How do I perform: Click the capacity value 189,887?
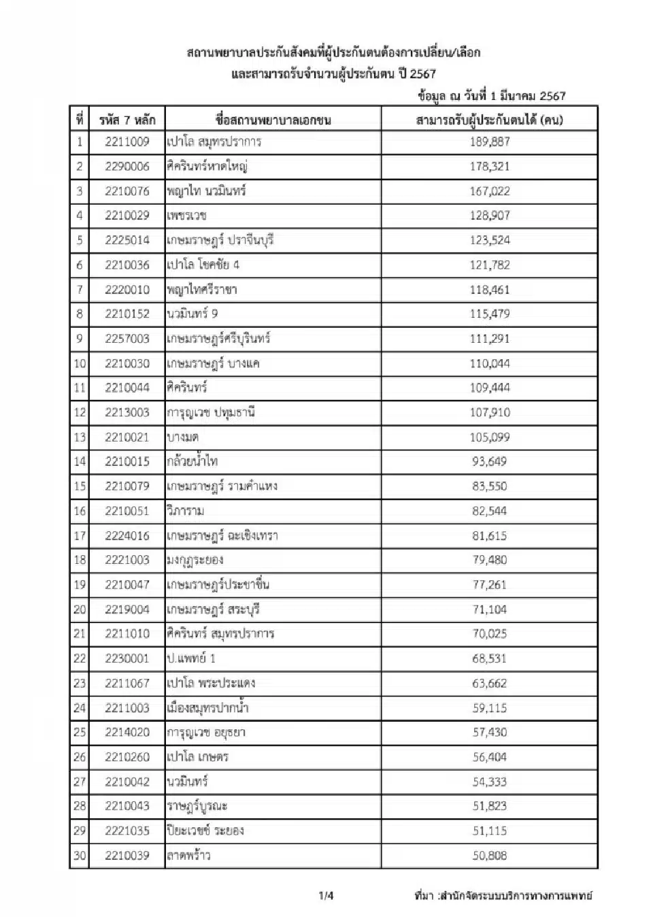[489, 141]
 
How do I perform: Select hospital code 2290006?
[127, 167]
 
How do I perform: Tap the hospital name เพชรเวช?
[187, 216]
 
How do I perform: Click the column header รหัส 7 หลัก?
[127, 120]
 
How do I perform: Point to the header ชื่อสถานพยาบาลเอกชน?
[273, 120]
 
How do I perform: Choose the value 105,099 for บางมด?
[489, 437]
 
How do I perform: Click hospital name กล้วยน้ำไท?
[192, 462]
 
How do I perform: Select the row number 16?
[80, 511]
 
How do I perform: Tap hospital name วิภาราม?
[186, 511]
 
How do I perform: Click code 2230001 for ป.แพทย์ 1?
[127, 658]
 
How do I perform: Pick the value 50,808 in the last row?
[489, 856]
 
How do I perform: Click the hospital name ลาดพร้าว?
[188, 856]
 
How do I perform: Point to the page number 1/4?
[326, 896]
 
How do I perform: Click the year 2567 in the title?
[422, 73]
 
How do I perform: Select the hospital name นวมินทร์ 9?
[192, 314]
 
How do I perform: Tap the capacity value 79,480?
[489, 561]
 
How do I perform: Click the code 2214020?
[127, 733]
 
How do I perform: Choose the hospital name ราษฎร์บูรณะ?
[197, 807]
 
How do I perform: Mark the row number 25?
[80, 733]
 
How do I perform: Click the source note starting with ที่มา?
[503, 896]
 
